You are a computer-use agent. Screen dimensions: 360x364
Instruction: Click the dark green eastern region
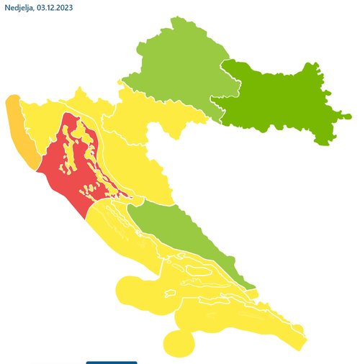click(281, 101)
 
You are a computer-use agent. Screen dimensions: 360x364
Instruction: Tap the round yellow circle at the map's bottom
click(179, 343)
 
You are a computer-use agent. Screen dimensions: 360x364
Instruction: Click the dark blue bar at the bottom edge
click(111, 362)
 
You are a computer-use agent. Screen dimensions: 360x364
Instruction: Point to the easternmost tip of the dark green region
click(351, 116)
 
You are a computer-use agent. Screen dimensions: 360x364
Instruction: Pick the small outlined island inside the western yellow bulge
click(169, 294)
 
